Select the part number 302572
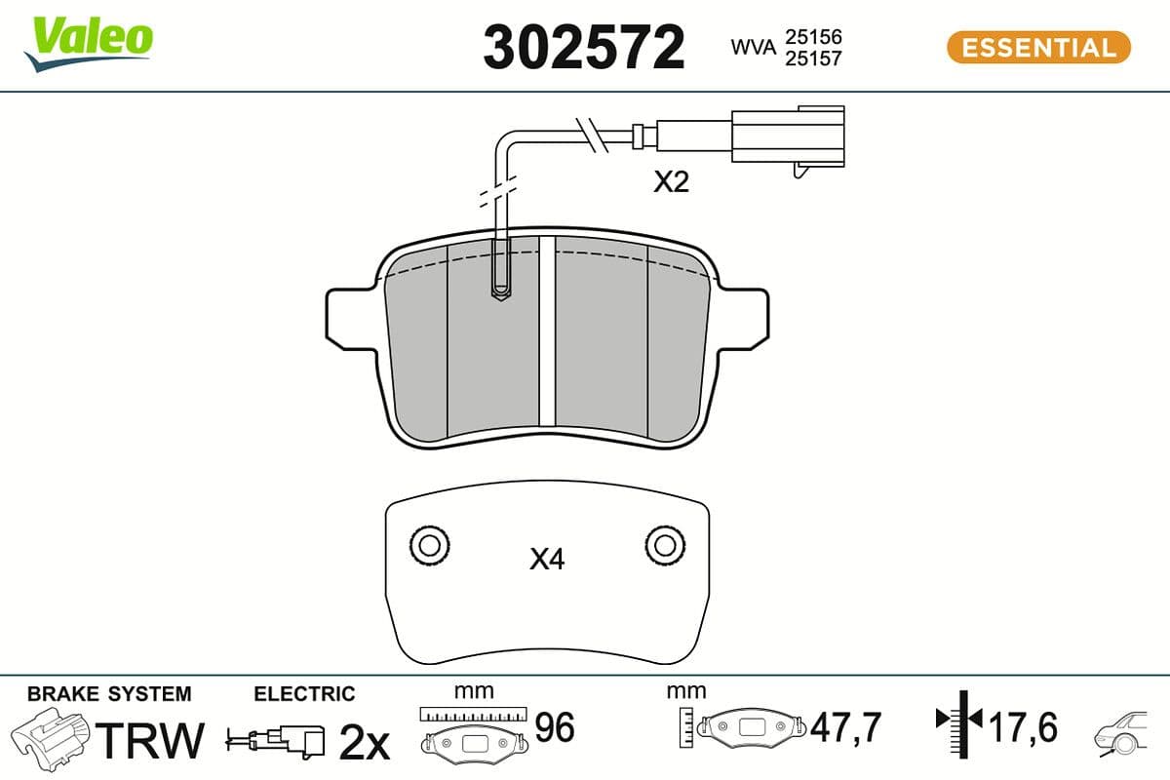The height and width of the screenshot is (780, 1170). [584, 47]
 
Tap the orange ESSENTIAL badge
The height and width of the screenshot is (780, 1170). [1038, 47]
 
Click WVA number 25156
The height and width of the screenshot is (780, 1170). [814, 36]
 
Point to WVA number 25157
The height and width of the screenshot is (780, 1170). [814, 58]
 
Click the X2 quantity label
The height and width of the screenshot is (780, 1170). [671, 182]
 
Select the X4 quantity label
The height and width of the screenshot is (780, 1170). [547, 559]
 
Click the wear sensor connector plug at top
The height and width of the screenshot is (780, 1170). [787, 136]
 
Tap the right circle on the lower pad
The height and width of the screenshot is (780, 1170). [664, 544]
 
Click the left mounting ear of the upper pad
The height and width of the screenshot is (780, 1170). [347, 317]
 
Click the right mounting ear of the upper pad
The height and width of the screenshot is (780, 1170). [745, 317]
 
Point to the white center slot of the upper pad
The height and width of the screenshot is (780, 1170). [547, 331]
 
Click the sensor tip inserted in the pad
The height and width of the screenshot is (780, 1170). [500, 283]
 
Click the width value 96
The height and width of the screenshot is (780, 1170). [556, 726]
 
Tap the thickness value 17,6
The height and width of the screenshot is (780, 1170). [1023, 726]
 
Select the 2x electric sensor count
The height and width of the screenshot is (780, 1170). [364, 743]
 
